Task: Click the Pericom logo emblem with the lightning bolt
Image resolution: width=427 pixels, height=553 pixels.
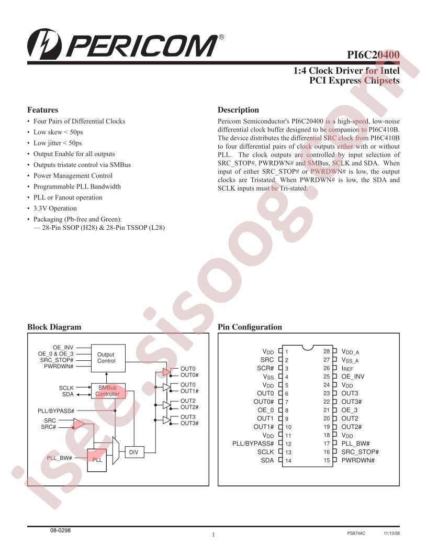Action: [x=44, y=45]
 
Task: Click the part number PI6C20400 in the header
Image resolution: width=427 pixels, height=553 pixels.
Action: [x=373, y=55]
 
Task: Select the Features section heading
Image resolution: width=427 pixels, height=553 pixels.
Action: [x=42, y=109]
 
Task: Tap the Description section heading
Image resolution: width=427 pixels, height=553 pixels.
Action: [x=238, y=109]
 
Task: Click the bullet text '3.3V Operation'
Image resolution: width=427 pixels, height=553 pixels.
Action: [x=55, y=208]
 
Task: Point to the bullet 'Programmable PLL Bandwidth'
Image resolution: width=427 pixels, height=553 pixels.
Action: [x=77, y=186]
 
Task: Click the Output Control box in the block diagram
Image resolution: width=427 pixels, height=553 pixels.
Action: [x=108, y=358]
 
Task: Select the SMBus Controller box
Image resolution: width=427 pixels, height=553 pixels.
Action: [x=108, y=391]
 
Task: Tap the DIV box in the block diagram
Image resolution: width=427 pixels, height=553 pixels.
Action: [x=134, y=452]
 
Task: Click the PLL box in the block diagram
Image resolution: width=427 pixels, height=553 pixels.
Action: [x=97, y=460]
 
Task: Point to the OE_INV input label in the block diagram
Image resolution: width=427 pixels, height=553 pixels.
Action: [x=63, y=348]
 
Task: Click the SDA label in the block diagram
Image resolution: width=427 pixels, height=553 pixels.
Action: [x=68, y=394]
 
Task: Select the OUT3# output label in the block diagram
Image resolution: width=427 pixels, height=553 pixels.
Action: [x=189, y=423]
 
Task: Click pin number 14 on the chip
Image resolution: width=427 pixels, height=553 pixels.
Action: [x=288, y=461]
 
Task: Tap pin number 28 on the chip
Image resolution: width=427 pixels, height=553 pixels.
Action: [x=327, y=351]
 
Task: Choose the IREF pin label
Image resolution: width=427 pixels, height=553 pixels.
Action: [x=347, y=369]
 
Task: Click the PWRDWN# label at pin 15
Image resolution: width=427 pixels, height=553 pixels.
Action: [x=358, y=460]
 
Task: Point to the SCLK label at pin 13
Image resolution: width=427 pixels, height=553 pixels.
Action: [x=265, y=452]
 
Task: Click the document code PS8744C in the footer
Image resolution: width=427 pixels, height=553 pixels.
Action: [x=356, y=534]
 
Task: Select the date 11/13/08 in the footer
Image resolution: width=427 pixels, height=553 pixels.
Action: [x=392, y=534]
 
